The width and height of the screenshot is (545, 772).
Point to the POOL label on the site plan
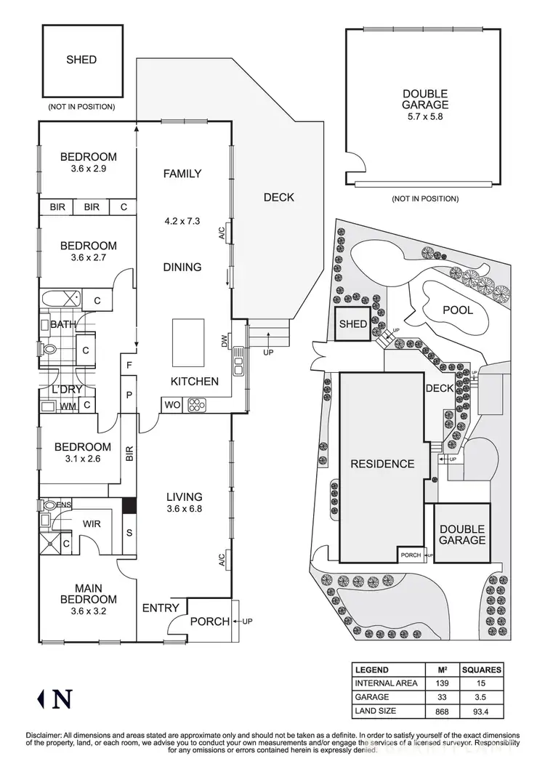[x=458, y=310]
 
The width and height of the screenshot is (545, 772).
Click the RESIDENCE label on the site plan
[x=382, y=464]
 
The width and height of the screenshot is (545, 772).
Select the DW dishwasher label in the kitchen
[x=225, y=341]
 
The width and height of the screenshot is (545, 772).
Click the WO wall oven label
[x=173, y=404]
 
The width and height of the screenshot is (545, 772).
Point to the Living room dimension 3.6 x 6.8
[x=182, y=509]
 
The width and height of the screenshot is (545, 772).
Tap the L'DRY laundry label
[x=63, y=390]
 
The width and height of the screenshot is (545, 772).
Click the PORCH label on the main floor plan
[x=209, y=622]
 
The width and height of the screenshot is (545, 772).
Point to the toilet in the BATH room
[x=49, y=350]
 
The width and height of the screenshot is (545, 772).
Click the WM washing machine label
[x=68, y=406]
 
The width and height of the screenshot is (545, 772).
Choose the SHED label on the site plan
[x=351, y=325]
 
